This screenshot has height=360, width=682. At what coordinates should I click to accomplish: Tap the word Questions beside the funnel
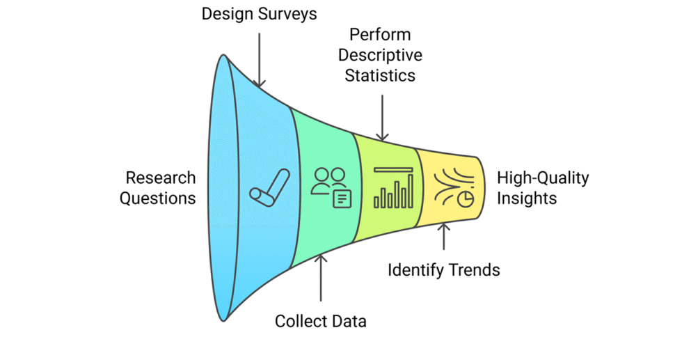[x=157, y=198]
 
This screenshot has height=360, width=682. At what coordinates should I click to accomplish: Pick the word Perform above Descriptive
[x=381, y=35]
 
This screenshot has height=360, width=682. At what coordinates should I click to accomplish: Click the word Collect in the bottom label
[x=302, y=322]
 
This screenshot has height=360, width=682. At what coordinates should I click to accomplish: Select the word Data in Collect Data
[x=349, y=322]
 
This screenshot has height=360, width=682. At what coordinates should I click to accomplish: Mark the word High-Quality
[x=543, y=178]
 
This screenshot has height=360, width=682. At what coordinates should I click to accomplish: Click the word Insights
[x=527, y=198]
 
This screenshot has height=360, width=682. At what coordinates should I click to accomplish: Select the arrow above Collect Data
[x=321, y=279]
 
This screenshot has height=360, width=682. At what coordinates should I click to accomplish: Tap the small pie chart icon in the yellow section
[x=466, y=198]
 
